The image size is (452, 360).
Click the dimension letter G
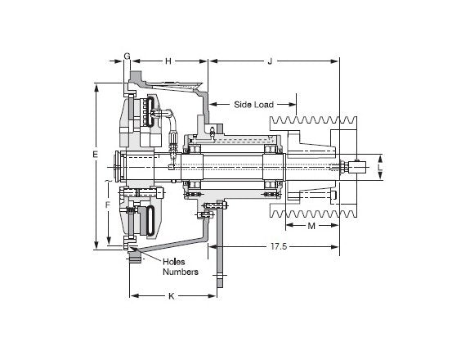(127, 56)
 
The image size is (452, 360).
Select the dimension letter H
(168, 61)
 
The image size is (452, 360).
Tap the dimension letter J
(270, 61)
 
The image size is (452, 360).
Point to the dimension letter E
(96, 155)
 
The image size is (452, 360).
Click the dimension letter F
(108, 205)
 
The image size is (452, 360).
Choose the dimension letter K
(172, 296)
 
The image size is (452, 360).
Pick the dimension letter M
(311, 226)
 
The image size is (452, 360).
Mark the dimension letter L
(380, 167)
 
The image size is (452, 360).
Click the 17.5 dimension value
(279, 246)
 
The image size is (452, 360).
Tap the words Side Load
(253, 105)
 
